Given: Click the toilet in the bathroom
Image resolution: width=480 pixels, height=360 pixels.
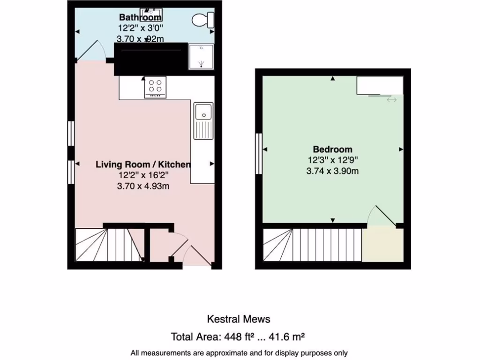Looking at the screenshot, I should point(203,20).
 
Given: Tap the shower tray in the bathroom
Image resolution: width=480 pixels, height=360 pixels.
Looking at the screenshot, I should point(201,57).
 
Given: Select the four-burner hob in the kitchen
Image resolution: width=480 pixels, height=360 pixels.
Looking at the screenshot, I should point(155,87).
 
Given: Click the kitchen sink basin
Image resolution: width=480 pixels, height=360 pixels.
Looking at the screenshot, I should point(203,112).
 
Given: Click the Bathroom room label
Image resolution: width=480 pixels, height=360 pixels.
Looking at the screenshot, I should point(140,18).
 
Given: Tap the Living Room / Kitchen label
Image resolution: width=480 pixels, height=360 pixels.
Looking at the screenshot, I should point(143,165).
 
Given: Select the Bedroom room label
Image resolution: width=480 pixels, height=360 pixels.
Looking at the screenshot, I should point(333,150).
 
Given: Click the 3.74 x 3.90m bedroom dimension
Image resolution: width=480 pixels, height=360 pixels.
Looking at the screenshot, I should point(333,171).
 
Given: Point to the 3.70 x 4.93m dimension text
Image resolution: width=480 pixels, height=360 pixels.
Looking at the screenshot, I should point(143,186).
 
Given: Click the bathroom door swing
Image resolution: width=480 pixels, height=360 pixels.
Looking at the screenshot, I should point(91,51).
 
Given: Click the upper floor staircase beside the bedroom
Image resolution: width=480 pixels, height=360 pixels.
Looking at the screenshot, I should point(312,245).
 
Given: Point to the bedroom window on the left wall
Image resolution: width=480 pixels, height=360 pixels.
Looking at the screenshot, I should point(258,154).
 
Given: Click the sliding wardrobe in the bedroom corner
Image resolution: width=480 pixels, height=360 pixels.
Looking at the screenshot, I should point(379,85).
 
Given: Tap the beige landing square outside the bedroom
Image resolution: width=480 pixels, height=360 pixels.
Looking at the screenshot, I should point(382,245).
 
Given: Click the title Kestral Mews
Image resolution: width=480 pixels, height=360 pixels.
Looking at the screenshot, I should point(239,319).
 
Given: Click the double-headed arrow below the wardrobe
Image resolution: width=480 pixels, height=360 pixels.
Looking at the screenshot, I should point(391,100).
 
